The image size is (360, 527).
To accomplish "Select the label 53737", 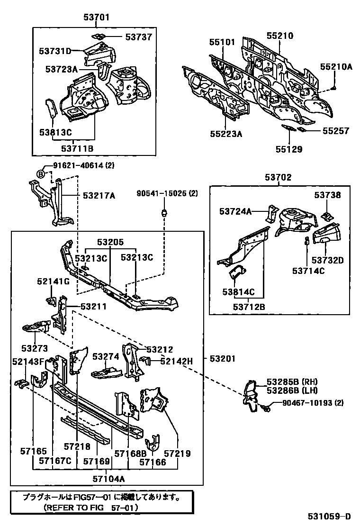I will (x=139, y=37).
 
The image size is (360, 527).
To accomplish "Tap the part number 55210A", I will (x=336, y=67).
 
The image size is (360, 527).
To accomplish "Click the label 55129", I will (x=289, y=149).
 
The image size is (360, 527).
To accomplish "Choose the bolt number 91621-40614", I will (x=72, y=165).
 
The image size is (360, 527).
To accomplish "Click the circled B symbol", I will (x=41, y=174).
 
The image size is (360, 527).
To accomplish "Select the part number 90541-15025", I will (x=162, y=194).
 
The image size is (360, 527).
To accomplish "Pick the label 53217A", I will (x=99, y=195).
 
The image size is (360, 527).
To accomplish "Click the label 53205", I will (x=110, y=242).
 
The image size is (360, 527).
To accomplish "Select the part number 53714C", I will (x=308, y=271).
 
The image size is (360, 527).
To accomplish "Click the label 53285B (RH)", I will (x=291, y=382).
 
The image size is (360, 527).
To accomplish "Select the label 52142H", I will (x=176, y=361).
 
